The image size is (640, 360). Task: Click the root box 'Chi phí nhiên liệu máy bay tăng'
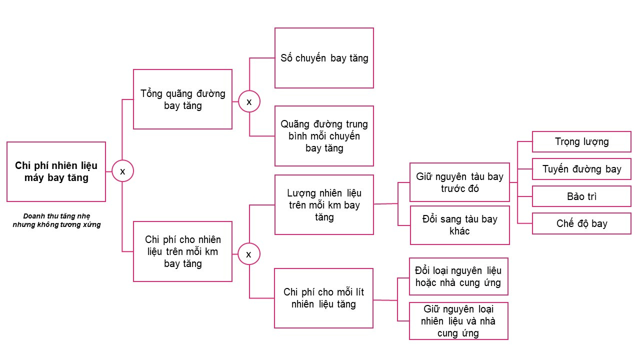[56, 171]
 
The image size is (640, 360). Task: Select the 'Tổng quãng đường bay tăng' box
[182, 99]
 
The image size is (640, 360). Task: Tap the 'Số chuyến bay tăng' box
[324, 58]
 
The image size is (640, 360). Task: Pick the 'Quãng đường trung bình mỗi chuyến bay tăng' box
[324, 135]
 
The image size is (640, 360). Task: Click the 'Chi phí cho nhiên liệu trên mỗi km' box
[182, 251]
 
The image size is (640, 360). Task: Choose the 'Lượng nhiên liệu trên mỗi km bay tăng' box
[324, 204]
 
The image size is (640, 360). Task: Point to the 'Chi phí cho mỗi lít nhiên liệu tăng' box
[324, 298]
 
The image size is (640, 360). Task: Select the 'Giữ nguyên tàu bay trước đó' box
[459, 182]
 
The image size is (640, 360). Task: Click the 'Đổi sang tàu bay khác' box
[459, 225]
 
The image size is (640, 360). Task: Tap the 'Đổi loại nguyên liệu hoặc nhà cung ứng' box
[458, 276]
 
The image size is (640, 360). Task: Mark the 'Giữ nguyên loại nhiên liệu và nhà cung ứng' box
[458, 321]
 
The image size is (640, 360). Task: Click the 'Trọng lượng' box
[581, 141]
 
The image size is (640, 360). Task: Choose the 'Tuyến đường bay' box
[581, 169]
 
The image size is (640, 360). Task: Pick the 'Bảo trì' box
[581, 196]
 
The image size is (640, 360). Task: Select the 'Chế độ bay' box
[581, 223]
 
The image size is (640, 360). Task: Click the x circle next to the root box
[122, 171]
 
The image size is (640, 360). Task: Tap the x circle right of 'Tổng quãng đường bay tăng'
[249, 101]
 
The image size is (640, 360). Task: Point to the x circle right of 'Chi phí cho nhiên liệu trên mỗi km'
[248, 254]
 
